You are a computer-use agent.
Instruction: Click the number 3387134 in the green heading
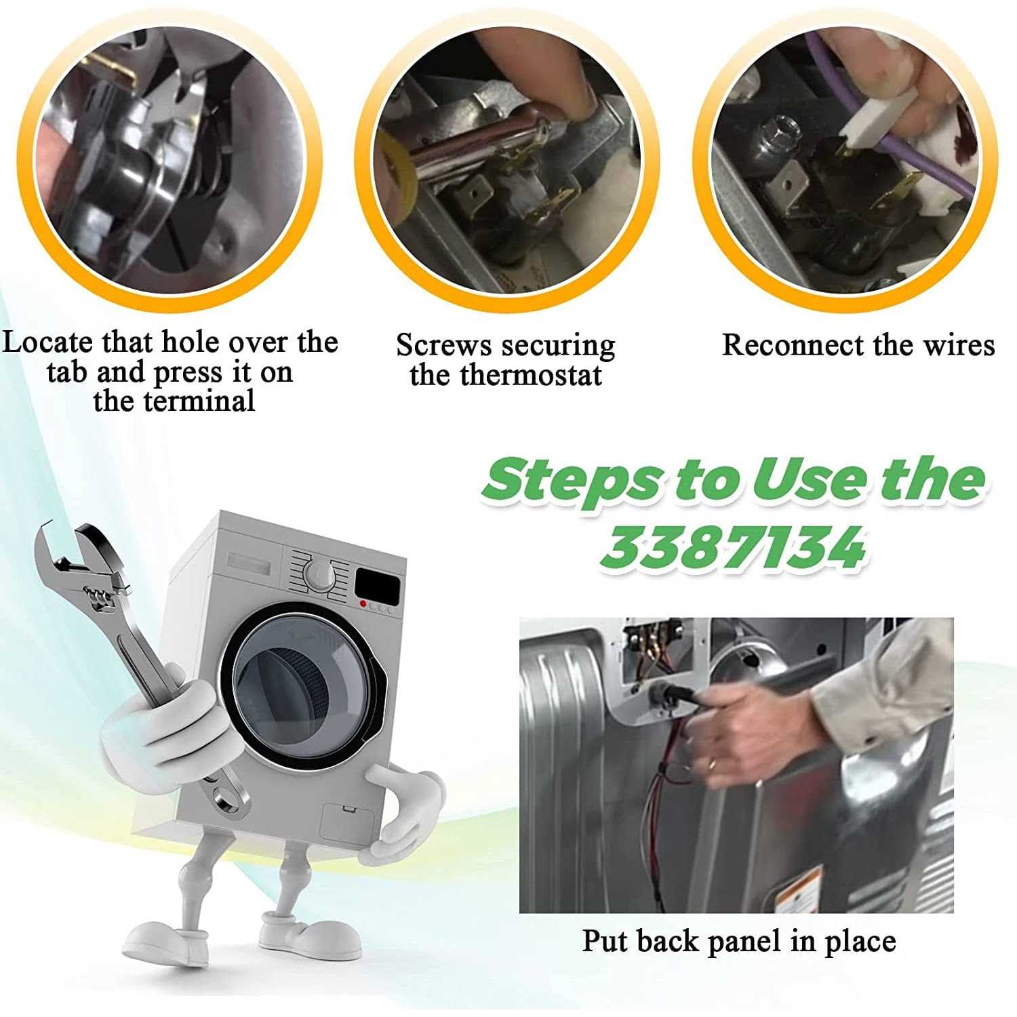click(x=734, y=547)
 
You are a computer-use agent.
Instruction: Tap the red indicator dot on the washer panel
click(x=364, y=603)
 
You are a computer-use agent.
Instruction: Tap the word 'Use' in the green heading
click(x=811, y=480)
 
